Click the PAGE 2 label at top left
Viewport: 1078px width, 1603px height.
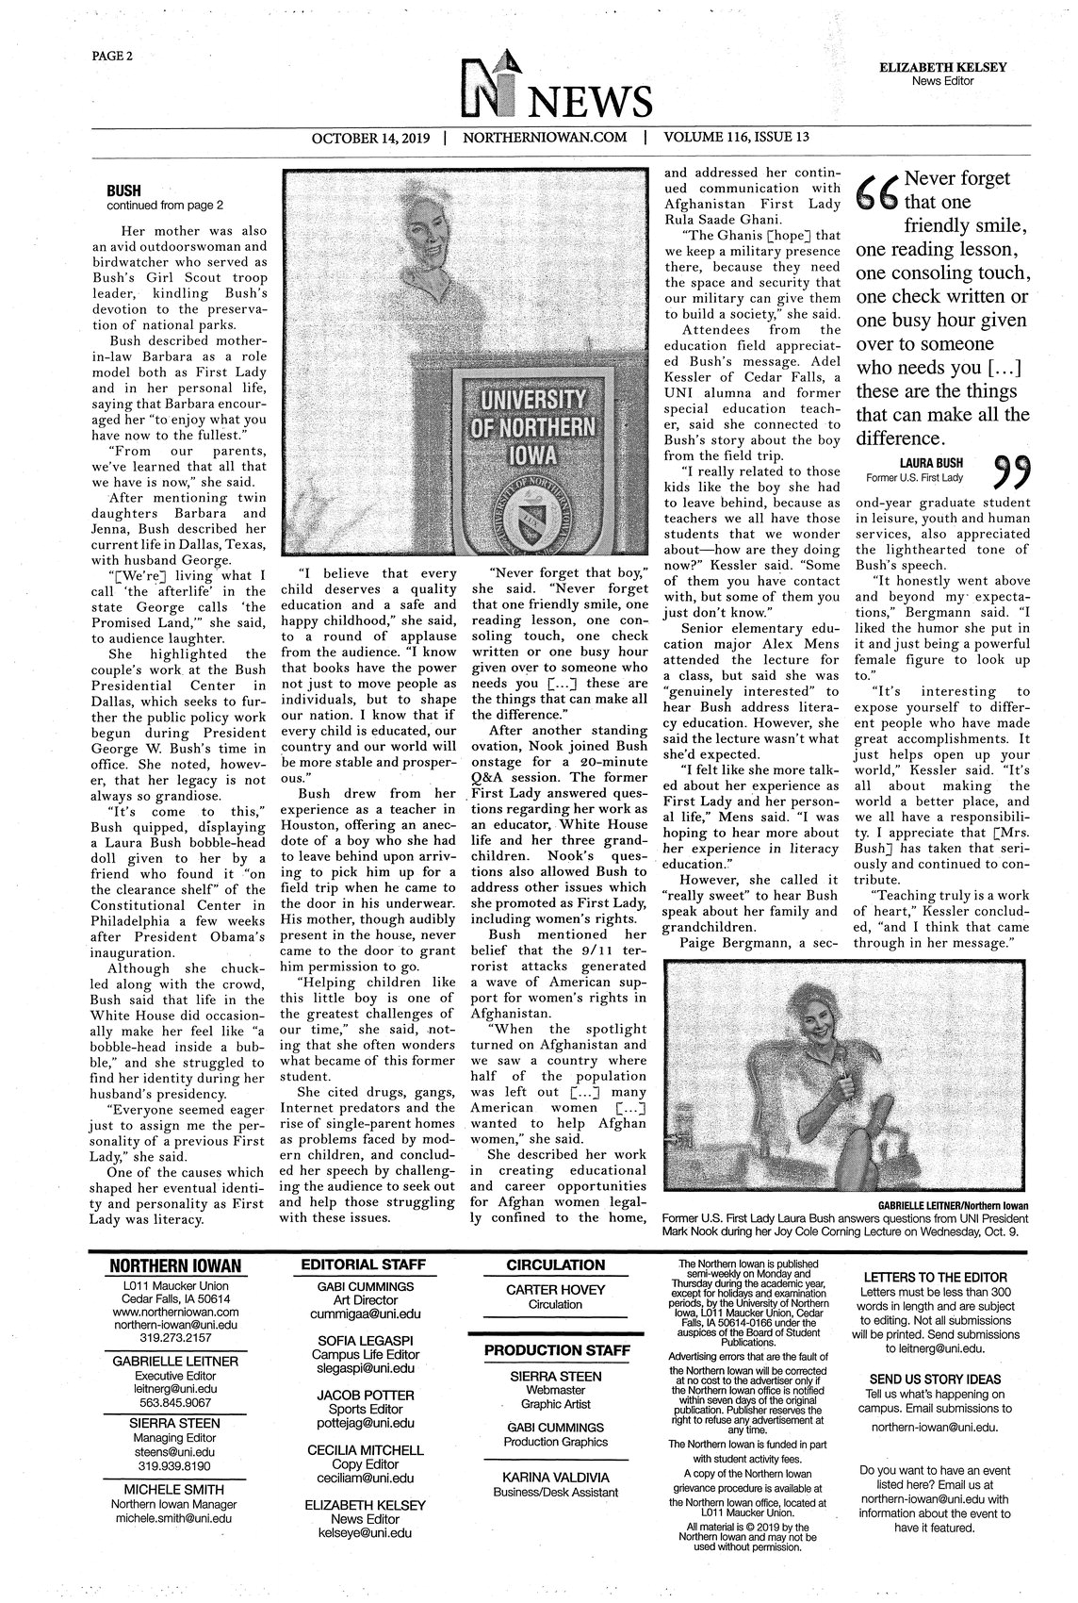click(112, 56)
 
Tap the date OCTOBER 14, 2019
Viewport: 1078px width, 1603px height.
click(370, 137)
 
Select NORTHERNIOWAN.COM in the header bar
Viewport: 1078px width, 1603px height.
click(545, 137)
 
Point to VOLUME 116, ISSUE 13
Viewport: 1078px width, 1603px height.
click(736, 137)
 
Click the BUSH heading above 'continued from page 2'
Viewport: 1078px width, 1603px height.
click(123, 190)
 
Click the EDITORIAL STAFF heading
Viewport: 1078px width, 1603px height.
click(364, 1264)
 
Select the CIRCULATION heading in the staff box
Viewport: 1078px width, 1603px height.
click(555, 1264)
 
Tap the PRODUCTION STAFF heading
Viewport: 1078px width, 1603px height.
click(556, 1350)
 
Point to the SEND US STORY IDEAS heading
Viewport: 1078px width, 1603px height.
click(935, 1379)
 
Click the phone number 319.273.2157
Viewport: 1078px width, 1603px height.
click(175, 1337)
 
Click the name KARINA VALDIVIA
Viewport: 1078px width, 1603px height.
click(555, 1477)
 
